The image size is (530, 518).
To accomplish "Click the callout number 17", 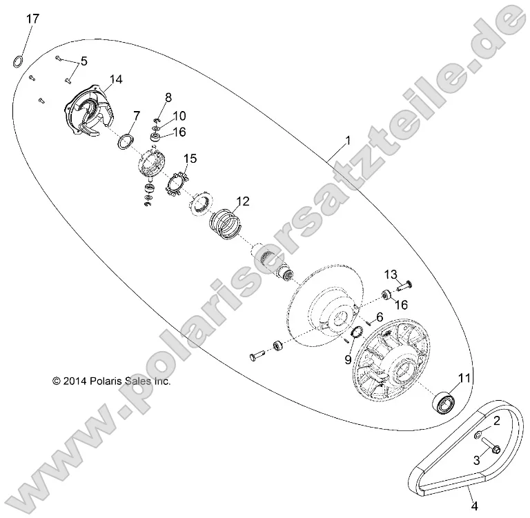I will pyautogui.click(x=32, y=19).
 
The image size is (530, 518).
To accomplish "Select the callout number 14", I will pyautogui.click(x=115, y=79).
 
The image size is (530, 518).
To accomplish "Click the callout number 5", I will pyautogui.click(x=84, y=61).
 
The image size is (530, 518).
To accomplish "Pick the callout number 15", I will pyautogui.click(x=190, y=158).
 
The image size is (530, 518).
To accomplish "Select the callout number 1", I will pyautogui.click(x=348, y=140).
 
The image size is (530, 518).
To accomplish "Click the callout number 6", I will pyautogui.click(x=379, y=317).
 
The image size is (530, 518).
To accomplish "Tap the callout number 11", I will pyautogui.click(x=464, y=377).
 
